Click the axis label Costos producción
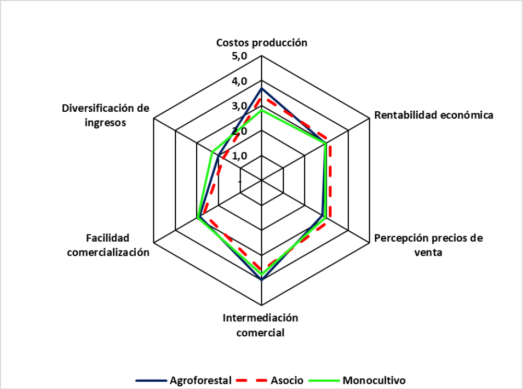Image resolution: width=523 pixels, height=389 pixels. point(262,43)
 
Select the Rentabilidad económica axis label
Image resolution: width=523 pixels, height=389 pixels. point(434,115)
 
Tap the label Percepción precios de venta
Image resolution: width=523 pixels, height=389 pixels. point(429,245)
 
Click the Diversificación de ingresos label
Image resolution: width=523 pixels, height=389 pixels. point(105,115)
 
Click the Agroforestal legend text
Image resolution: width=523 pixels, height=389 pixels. point(200,380)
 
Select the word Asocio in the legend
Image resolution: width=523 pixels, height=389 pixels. point(286,380)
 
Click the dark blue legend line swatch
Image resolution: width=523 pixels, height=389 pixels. point(151,380)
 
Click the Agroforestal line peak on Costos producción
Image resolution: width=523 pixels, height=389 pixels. point(261,89)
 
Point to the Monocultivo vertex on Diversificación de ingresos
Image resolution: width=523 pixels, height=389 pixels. point(212,152)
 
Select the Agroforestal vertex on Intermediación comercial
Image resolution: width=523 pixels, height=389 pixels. point(261,279)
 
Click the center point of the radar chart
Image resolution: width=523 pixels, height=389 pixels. point(261,181)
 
